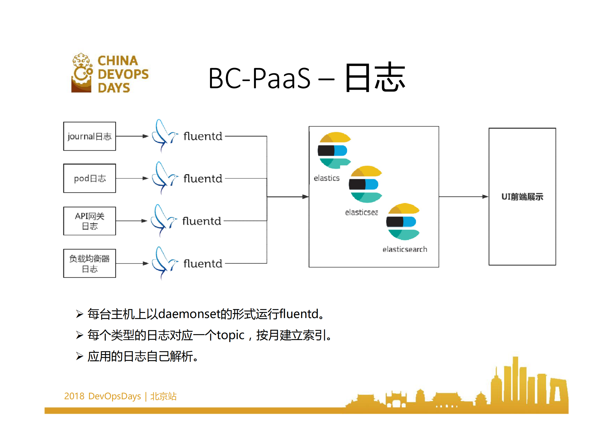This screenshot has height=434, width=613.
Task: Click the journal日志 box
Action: tap(90, 136)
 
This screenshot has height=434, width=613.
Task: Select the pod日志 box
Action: tap(90, 178)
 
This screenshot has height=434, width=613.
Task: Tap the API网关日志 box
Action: tap(90, 221)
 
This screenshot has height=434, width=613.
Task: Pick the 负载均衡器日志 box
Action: tap(90, 263)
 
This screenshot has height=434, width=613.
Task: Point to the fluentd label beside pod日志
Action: tap(203, 179)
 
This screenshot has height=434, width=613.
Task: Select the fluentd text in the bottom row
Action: tap(203, 264)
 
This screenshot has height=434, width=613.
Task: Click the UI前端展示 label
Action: tap(522, 197)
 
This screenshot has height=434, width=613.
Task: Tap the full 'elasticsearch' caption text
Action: tap(405, 249)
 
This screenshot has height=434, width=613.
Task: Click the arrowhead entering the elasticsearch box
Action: tap(306, 197)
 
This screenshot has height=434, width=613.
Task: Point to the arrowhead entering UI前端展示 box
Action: tap(485, 197)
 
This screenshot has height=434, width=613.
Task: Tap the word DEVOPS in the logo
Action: tap(123, 74)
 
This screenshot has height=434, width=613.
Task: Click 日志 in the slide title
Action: tap(375, 77)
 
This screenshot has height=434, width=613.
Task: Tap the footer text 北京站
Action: tap(163, 396)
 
